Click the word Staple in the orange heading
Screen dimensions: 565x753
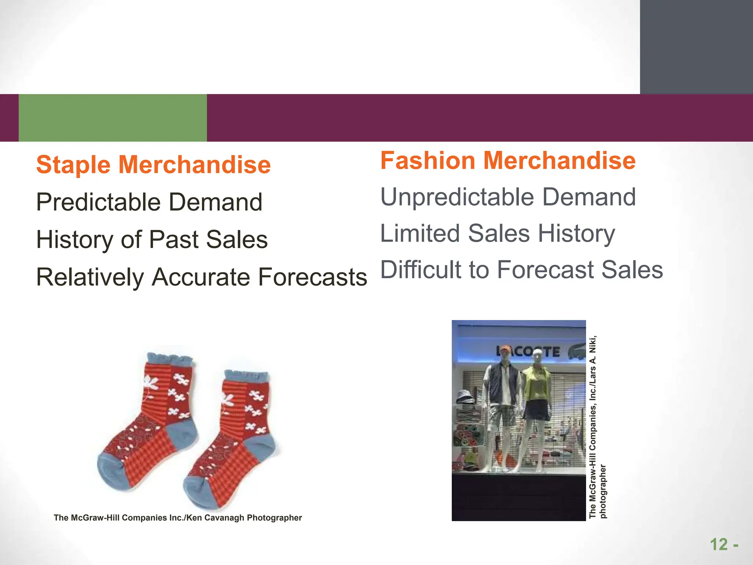tap(73, 165)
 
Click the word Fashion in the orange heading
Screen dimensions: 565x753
tap(428, 161)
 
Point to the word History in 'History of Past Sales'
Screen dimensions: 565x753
tap(75, 239)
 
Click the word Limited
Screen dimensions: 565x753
tap(420, 233)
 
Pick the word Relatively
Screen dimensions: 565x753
tap(90, 277)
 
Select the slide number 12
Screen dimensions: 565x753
tap(718, 544)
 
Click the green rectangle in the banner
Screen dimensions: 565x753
tap(113, 118)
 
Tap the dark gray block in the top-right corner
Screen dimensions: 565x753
tap(696, 47)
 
